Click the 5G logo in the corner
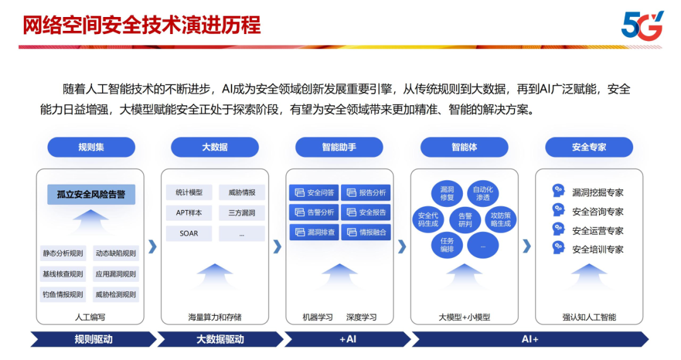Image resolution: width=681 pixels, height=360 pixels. pos(642,26)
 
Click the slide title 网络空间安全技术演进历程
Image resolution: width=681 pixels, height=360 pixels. pos(141,25)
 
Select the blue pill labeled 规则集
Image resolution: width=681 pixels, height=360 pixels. pos(91,147)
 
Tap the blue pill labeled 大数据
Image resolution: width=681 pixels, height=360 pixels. pos(214,147)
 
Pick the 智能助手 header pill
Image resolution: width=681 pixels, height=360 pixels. pos(339,147)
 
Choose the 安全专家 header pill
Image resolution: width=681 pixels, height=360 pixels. pos(589,147)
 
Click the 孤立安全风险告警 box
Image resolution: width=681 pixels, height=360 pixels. pos(91,194)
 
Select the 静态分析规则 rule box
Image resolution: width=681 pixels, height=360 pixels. pos(63,253)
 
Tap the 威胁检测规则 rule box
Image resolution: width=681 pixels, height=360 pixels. pos(115,294)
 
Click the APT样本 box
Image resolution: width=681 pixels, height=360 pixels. pos(189,213)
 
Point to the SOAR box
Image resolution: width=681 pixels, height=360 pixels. pos(189,233)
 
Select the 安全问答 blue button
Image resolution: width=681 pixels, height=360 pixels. pos(313,192)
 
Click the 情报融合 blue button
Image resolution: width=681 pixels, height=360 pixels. pos(366,232)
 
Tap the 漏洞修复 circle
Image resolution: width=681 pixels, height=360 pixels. pos(447,194)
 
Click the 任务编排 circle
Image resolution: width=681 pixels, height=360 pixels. pos(447,245)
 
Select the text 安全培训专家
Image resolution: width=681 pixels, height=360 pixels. pos(598,250)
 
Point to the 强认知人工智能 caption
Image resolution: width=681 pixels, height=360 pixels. pos(589,317)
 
